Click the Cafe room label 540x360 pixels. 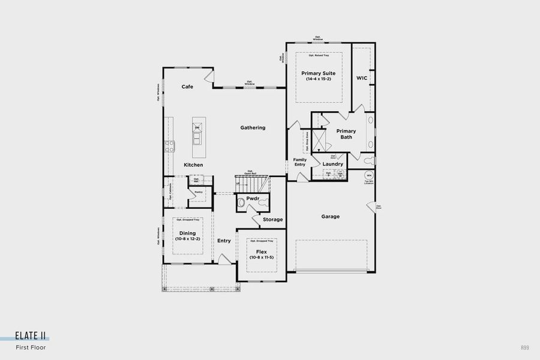[187, 87]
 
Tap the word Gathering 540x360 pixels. [253, 128]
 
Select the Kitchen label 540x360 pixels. [193, 165]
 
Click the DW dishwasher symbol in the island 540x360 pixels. [196, 127]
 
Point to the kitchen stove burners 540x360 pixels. [169, 144]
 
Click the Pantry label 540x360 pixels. [198, 192]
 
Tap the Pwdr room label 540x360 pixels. [253, 197]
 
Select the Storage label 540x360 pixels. [272, 220]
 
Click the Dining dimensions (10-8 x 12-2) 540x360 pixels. [188, 239]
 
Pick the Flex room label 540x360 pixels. [261, 251]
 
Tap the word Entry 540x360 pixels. [224, 241]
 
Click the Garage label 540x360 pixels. [330, 217]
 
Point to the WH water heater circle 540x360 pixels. [369, 175]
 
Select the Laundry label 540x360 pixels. [332, 164]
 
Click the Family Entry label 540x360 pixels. [300, 162]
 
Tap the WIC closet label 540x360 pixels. [361, 78]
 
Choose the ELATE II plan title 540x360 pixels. [31, 337]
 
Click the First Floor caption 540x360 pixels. [31, 347]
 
